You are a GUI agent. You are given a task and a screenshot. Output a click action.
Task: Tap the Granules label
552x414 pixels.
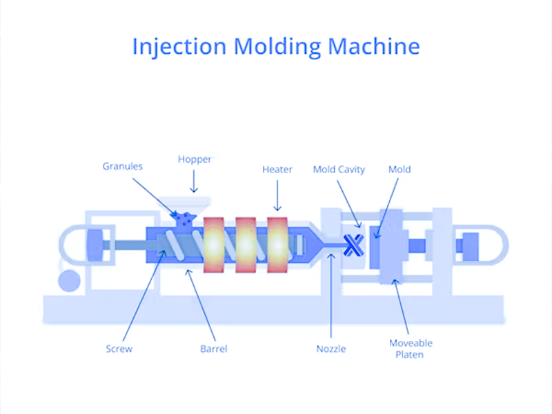click(122, 166)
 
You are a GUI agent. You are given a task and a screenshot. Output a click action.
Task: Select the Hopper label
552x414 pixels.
click(194, 160)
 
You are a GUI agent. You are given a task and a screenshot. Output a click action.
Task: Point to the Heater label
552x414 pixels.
click(277, 169)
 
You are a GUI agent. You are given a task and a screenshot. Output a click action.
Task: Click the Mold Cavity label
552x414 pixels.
click(339, 169)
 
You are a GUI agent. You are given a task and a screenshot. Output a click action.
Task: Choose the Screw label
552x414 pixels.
click(119, 348)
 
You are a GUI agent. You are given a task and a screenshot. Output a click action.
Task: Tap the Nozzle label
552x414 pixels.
click(331, 348)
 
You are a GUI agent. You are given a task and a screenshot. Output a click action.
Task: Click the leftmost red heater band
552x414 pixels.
click(213, 244)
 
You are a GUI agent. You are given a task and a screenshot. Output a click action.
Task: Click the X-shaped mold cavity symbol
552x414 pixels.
click(353, 243)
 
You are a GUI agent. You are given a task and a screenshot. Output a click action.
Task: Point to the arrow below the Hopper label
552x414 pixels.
click(194, 182)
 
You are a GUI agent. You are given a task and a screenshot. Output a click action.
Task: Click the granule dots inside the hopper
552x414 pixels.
click(185, 219)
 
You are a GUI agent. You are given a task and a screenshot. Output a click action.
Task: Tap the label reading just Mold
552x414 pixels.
click(400, 169)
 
